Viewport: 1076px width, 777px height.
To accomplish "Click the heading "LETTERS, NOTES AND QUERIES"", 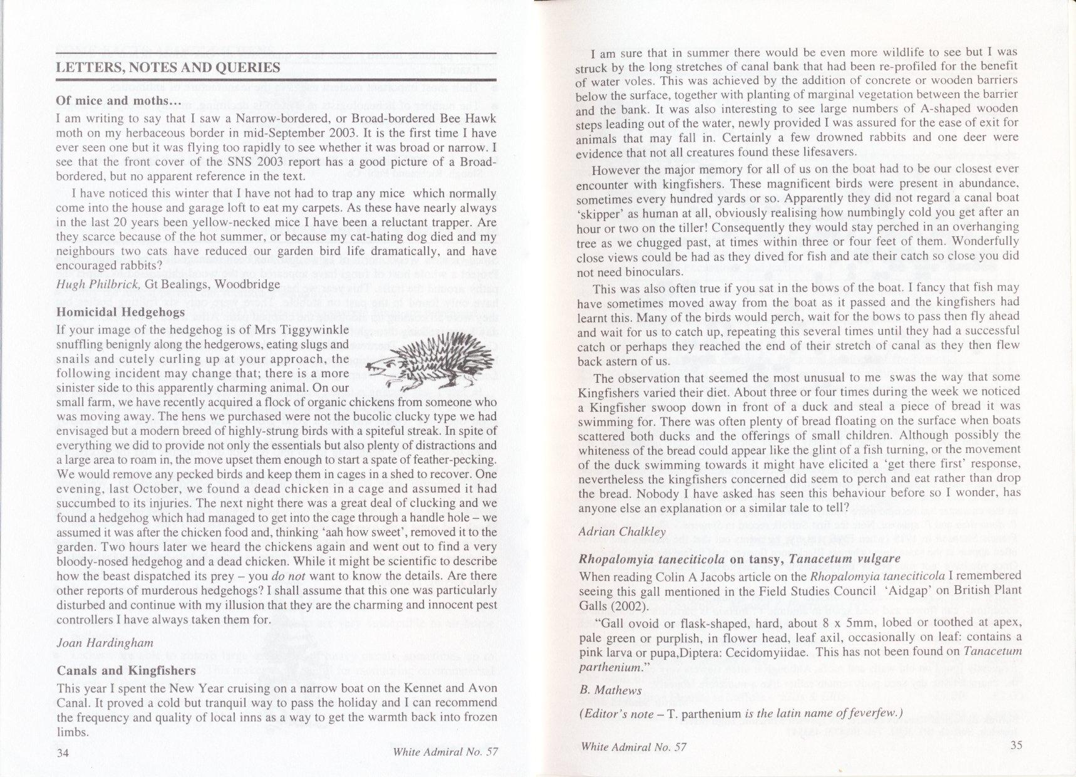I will pyautogui.click(x=168, y=68).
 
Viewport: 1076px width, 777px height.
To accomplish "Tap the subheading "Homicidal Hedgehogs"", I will pyautogui.click(x=121, y=312).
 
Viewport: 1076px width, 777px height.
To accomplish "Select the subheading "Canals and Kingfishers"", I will pyautogui.click(x=126, y=670).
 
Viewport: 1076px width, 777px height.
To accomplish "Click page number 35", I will pyautogui.click(x=1016, y=745).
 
